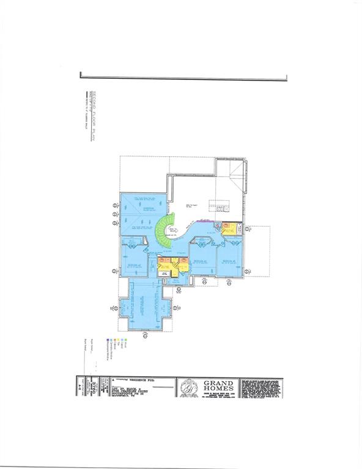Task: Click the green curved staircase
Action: [164, 231]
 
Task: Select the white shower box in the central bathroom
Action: [164, 274]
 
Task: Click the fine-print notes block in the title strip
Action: [262, 387]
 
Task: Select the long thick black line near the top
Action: [183, 78]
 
